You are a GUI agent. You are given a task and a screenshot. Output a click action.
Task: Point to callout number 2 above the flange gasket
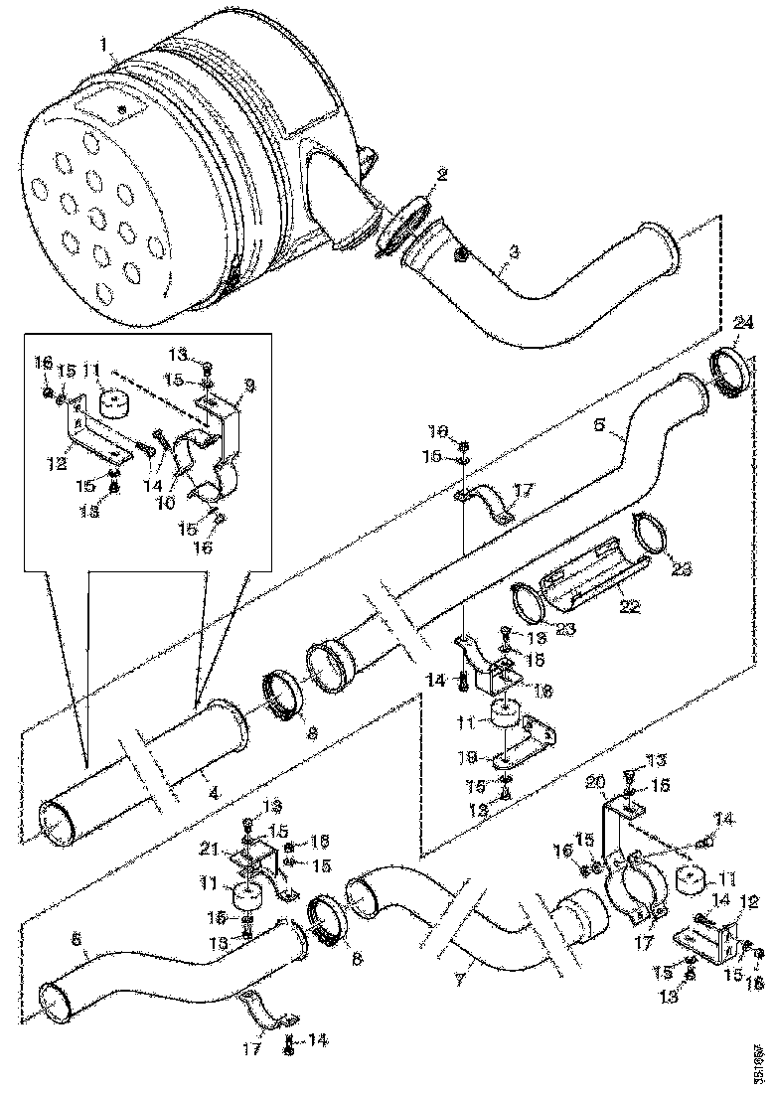point(441,175)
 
